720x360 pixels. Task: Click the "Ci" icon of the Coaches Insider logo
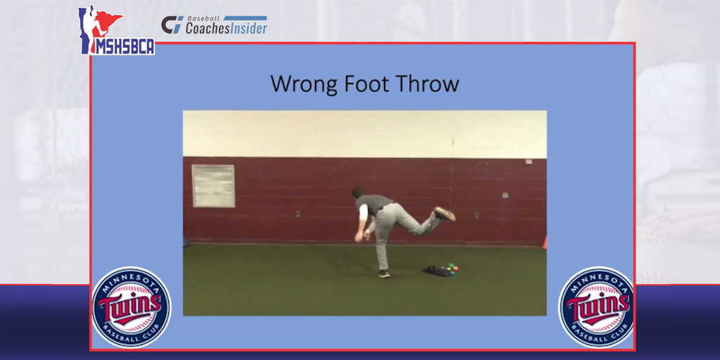172,25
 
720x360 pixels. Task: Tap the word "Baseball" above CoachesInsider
202,19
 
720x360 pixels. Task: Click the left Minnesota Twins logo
131,307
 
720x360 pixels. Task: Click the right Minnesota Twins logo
596,307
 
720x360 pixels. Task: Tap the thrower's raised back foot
444,213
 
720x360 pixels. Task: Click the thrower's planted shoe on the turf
383,274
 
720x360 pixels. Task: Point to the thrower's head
358,193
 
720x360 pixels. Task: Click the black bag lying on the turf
436,271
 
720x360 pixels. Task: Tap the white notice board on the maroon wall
213,186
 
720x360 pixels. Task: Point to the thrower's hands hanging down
359,236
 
